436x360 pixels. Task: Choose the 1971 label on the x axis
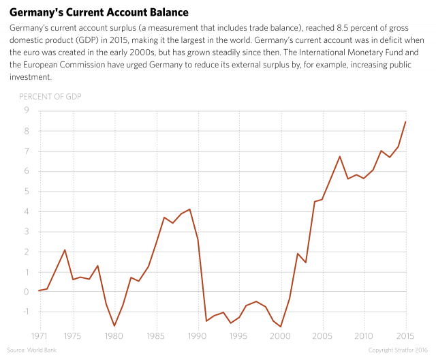click(x=39, y=335)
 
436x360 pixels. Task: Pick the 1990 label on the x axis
click(x=198, y=335)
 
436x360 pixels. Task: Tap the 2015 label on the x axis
click(x=407, y=335)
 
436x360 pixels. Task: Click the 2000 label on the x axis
click(x=281, y=335)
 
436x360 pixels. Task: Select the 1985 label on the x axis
click(x=156, y=335)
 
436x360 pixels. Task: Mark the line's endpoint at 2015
click(x=407, y=121)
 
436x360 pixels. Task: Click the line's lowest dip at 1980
click(x=114, y=325)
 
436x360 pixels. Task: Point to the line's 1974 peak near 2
click(x=65, y=250)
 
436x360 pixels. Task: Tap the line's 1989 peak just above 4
click(x=189, y=209)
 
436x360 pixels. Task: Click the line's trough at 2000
click(x=281, y=327)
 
